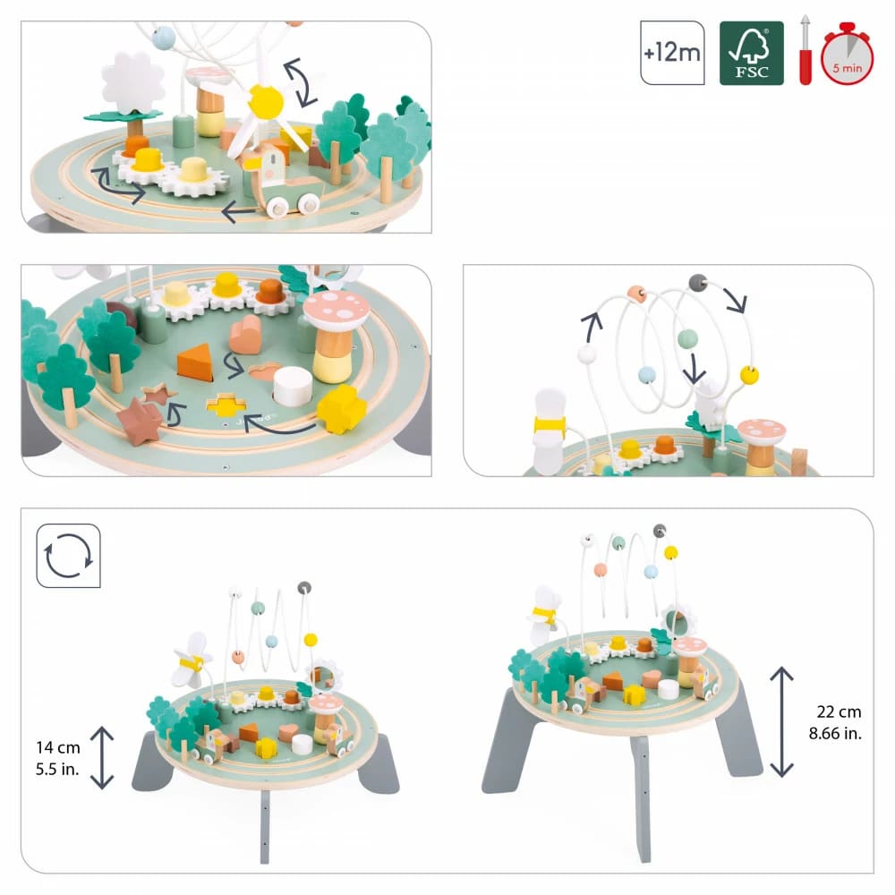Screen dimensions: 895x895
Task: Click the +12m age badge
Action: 671,53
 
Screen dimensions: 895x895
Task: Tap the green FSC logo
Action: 751,53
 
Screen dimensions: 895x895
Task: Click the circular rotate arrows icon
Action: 68,556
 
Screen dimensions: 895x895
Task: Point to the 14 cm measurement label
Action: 52,746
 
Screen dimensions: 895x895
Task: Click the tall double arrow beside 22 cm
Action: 781,721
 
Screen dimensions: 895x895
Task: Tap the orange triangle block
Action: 194,362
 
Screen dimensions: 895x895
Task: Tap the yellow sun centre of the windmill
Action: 265,101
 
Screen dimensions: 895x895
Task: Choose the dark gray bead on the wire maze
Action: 696,282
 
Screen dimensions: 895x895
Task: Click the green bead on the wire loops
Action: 686,338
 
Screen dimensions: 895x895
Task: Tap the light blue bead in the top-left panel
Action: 164,38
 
